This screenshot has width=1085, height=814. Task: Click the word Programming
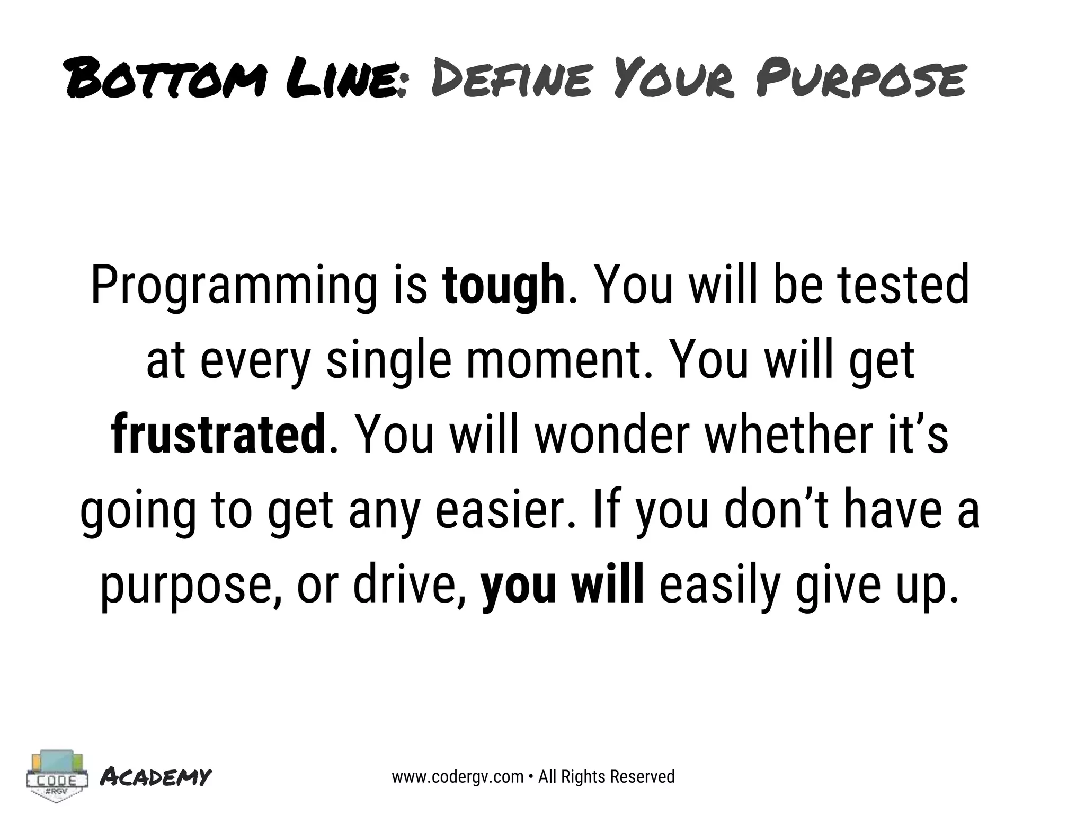[x=237, y=286]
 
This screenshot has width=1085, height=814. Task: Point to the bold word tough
[x=504, y=286]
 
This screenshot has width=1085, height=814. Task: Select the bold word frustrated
[x=219, y=436]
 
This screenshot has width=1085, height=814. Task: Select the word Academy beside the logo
[x=156, y=777]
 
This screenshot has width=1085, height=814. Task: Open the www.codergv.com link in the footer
[x=458, y=777]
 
